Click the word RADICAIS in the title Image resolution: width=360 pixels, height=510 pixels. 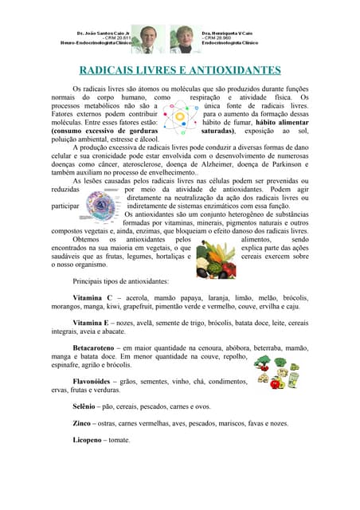click(111, 70)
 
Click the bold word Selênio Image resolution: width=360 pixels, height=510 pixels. click(84, 406)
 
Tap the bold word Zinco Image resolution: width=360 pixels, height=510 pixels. click(81, 423)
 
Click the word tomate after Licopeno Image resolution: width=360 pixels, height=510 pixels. click(119, 440)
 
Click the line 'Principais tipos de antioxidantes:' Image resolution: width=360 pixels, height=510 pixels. click(120, 281)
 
